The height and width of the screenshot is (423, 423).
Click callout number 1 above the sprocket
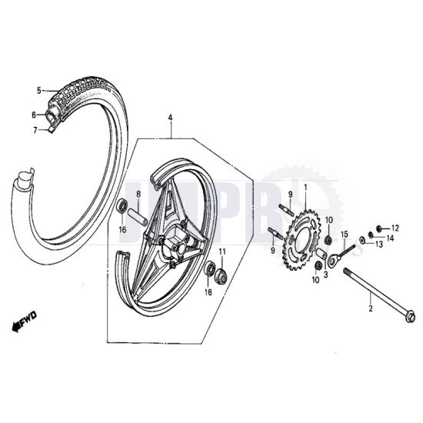[305, 188]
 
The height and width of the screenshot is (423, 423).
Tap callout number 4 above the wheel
[171, 117]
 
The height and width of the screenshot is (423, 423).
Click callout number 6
[34, 115]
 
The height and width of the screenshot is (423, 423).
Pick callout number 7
[34, 130]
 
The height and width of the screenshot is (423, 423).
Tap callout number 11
[222, 252]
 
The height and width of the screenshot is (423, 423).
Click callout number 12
[395, 228]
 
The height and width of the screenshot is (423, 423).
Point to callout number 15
[345, 234]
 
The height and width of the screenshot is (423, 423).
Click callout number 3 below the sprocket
[326, 273]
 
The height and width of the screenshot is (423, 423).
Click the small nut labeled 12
[381, 227]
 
